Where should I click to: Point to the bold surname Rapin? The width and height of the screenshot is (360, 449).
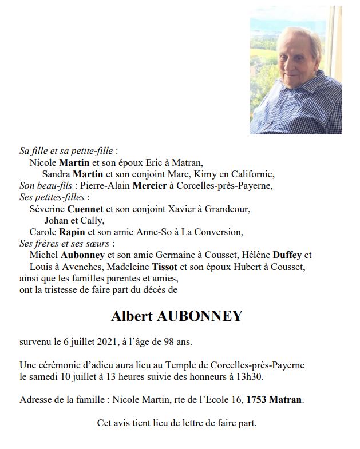(71, 232)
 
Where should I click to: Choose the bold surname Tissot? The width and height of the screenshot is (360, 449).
(167, 267)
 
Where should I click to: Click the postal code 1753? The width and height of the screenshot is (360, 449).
(258, 399)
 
